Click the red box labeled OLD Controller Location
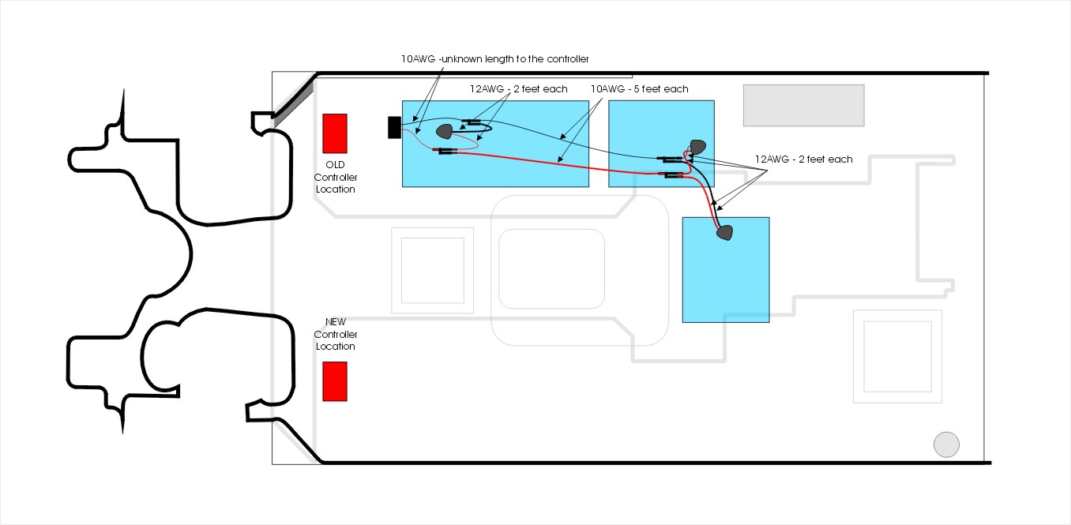pos(335,133)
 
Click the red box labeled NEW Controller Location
pos(335,381)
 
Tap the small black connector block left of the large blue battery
pos(394,128)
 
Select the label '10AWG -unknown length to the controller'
pos(495,58)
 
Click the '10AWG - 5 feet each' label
pos(639,89)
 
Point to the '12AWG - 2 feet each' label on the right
pos(804,159)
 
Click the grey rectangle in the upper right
pos(804,106)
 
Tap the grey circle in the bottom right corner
pos(946,444)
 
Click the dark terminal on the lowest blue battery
pos(725,233)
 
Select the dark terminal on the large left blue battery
pos(445,131)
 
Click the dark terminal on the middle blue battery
pos(698,147)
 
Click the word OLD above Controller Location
pos(335,165)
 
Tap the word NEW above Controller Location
pos(335,322)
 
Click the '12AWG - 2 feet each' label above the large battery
pos(519,89)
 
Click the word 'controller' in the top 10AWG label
pos(568,58)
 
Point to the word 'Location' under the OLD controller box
pos(335,189)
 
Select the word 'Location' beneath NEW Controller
pos(335,347)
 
